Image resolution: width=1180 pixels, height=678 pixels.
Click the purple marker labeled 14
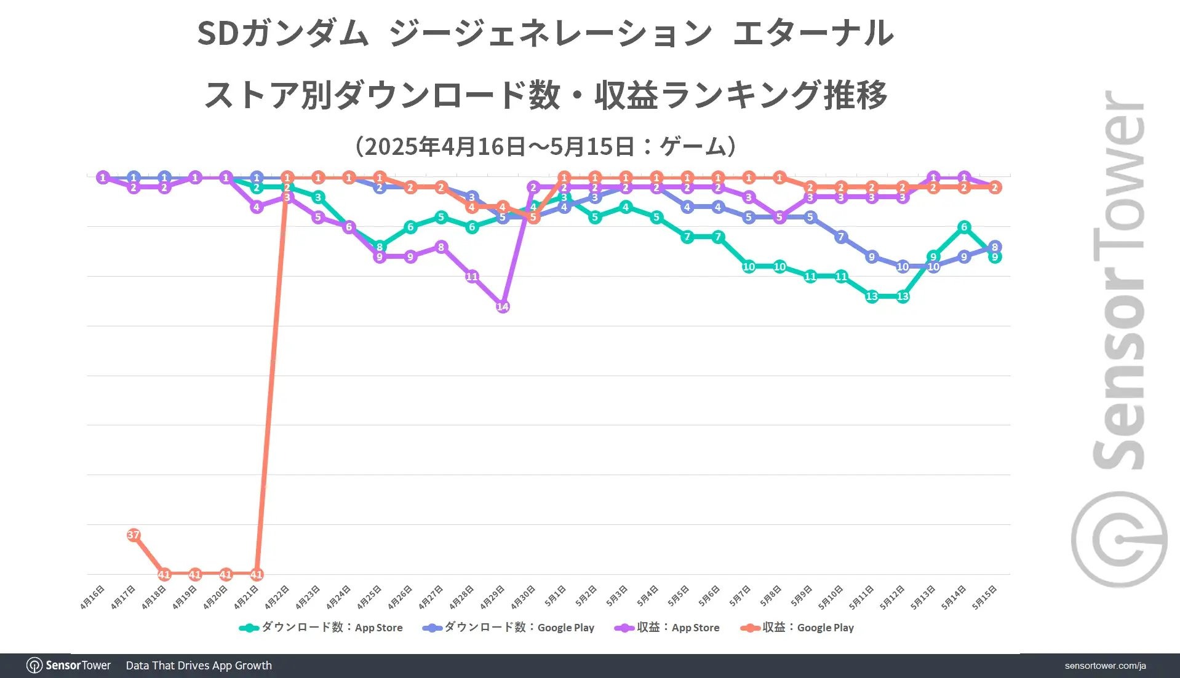click(503, 306)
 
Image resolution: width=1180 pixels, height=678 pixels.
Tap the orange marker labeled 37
click(134, 535)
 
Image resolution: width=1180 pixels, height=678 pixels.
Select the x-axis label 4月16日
click(92, 597)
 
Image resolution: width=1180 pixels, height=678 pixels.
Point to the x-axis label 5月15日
click(984, 597)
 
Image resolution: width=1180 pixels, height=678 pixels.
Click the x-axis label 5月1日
click(554, 596)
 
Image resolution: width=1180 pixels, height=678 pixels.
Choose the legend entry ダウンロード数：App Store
click(321, 628)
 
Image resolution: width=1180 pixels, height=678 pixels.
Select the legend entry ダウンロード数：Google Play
click(509, 628)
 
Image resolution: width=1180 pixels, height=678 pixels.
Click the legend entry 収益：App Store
click(668, 628)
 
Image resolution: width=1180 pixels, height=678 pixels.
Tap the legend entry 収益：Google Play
click(798, 628)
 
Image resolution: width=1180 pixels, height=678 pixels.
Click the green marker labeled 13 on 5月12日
click(903, 296)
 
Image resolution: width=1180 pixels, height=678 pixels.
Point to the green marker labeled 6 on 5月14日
click(964, 227)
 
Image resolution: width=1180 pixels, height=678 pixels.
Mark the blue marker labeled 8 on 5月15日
click(995, 246)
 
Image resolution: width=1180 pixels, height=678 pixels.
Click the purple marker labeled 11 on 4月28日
click(472, 277)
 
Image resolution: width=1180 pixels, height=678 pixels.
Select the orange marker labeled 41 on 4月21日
click(257, 575)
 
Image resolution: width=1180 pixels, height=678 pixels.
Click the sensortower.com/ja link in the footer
click(1105, 666)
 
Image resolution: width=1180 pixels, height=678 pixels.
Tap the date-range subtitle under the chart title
click(545, 146)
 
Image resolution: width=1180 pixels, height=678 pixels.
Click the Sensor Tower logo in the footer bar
click(69, 665)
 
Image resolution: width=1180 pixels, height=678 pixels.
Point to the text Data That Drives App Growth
click(199, 665)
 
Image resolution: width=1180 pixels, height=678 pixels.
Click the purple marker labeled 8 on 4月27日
click(441, 247)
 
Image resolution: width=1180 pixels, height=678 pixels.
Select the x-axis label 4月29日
click(492, 597)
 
